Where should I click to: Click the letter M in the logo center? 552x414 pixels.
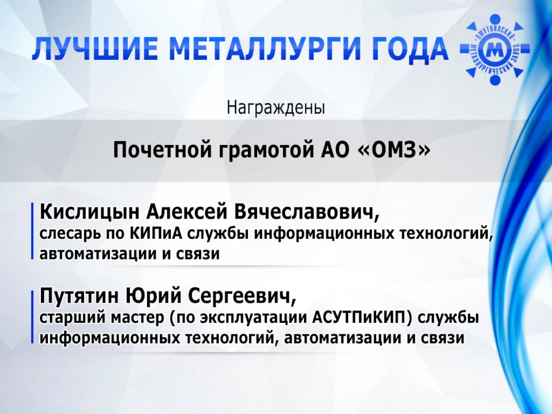(494, 50)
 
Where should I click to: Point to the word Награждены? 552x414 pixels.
(276, 108)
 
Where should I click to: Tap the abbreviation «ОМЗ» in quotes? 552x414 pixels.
(394, 150)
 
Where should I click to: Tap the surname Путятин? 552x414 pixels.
(79, 296)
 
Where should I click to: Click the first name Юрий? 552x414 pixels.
(153, 296)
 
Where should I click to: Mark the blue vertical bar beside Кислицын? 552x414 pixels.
(32, 231)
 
